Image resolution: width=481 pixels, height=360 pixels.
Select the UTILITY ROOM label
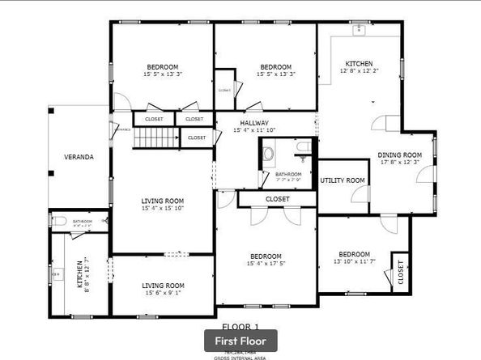[x=343, y=180]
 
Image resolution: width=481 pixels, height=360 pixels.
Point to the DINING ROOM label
[x=400, y=155]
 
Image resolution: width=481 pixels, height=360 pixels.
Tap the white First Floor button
[x=240, y=341]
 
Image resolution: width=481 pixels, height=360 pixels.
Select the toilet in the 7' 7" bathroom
[x=302, y=146]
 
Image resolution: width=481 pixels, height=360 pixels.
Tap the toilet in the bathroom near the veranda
[x=58, y=220]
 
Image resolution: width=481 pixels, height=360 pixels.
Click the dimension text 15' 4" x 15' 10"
[x=163, y=209]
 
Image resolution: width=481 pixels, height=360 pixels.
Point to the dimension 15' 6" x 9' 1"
[x=163, y=293]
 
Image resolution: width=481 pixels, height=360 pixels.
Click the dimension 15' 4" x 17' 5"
[x=266, y=263]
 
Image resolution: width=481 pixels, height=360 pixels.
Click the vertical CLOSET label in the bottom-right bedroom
[x=399, y=275]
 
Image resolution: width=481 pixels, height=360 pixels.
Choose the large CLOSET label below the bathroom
[x=277, y=199]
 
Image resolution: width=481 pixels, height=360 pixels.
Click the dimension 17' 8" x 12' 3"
[x=400, y=163]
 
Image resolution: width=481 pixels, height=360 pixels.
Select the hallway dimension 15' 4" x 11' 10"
[x=255, y=130]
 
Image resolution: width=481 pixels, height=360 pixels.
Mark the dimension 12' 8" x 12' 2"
[x=359, y=71]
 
